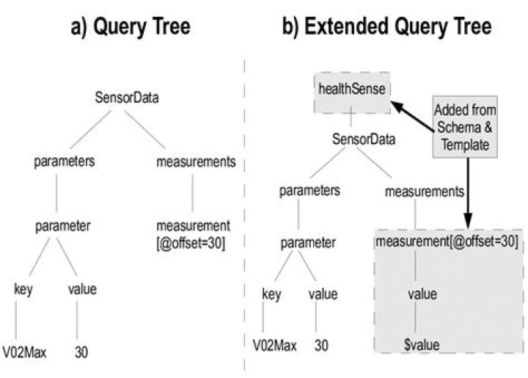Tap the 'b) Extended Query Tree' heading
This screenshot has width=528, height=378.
click(387, 27)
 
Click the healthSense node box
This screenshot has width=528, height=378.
click(351, 92)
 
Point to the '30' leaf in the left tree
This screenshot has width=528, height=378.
click(82, 351)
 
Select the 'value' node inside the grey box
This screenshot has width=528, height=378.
click(422, 294)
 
